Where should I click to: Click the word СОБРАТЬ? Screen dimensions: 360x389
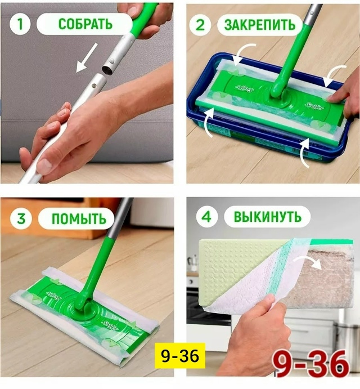point(85,24)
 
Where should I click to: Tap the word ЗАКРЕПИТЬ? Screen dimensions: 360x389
point(260,25)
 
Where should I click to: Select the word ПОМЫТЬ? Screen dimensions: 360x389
point(79,219)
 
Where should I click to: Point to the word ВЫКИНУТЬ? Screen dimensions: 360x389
point(268,217)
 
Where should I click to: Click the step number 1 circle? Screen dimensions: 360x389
point(20,24)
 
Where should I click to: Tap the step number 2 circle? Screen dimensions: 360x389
point(200,25)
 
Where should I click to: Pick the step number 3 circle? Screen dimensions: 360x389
point(21,218)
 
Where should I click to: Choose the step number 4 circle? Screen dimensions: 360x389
point(206,217)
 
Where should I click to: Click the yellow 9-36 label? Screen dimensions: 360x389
point(180,356)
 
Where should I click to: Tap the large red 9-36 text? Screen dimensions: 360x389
point(310,364)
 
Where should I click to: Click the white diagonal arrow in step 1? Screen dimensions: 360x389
point(86,57)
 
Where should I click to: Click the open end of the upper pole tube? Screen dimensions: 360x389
point(108,70)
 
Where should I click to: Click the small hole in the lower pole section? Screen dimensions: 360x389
point(94,86)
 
